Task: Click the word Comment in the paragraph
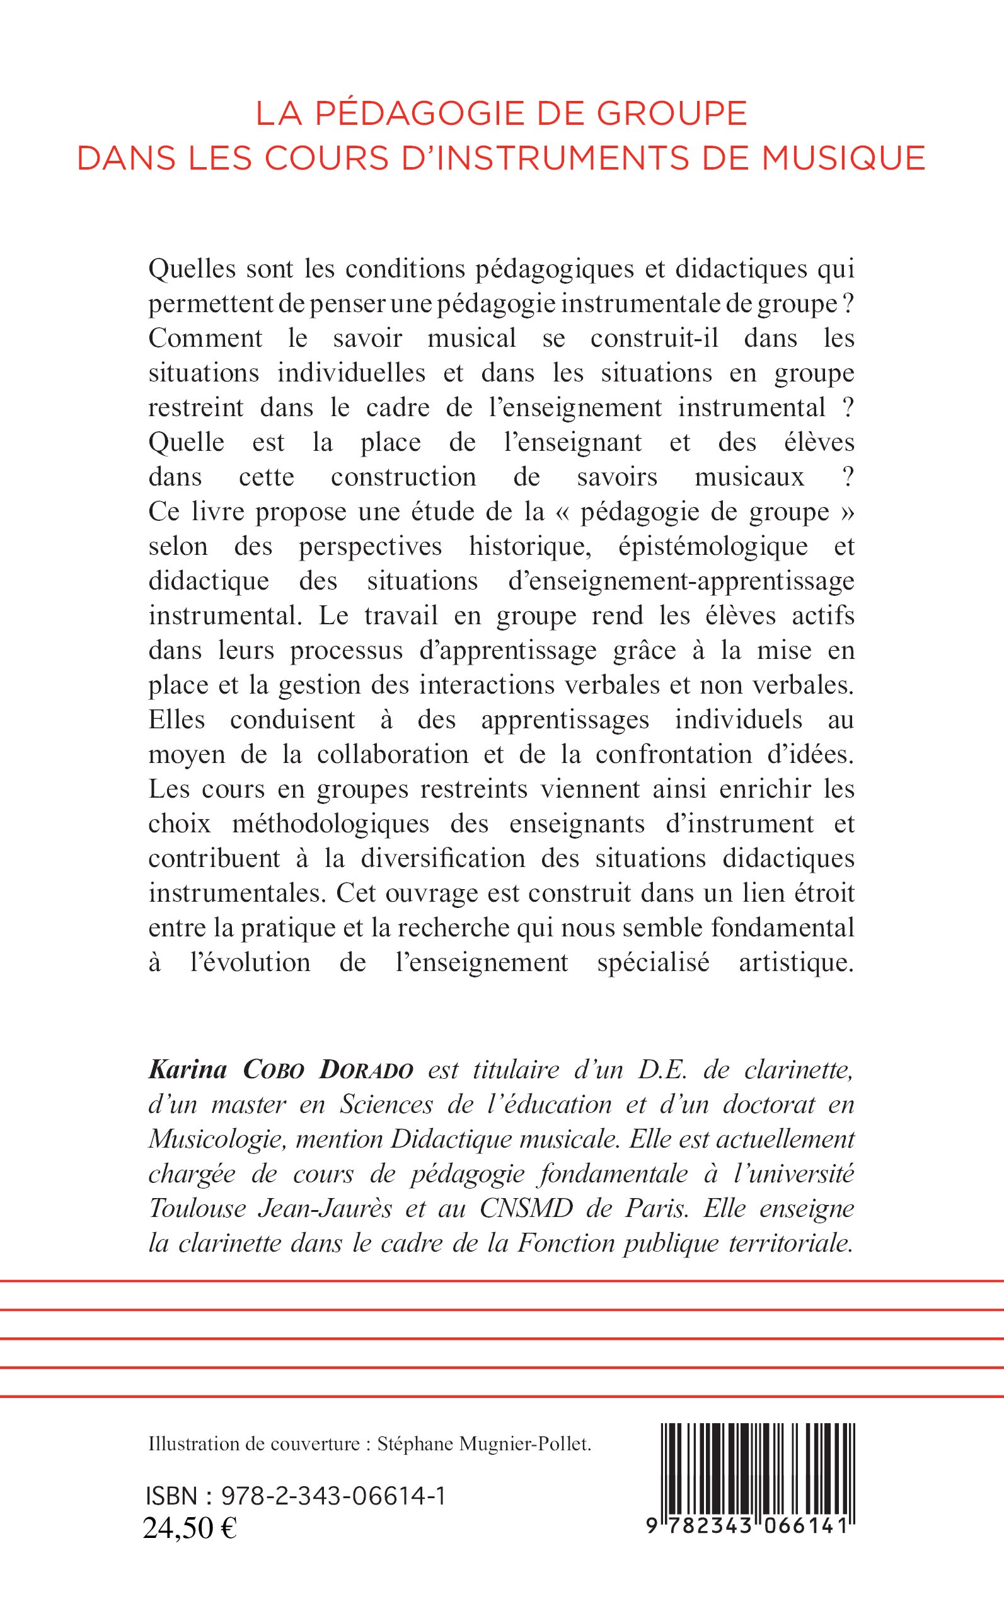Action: coord(205,338)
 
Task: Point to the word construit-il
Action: coord(654,338)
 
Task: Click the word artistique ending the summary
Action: coord(795,963)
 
